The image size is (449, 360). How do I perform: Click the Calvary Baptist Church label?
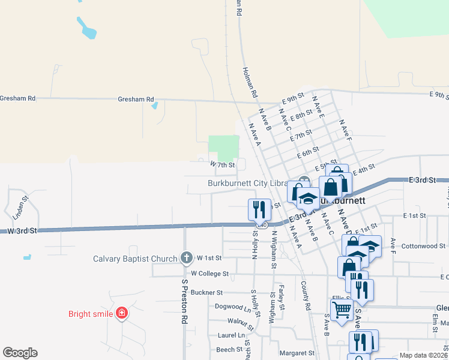coord(135,259)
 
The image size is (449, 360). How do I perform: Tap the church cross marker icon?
coord(186,258)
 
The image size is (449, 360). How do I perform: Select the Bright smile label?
coord(91,313)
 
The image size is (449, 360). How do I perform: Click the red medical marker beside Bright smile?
coord(122,313)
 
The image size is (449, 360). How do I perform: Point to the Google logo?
coord(20,353)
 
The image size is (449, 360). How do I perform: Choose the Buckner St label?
coord(206,293)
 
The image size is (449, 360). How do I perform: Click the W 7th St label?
coord(221,164)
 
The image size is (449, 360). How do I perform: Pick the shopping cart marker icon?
coord(342,310)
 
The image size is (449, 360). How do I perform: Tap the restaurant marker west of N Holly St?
coord(259,209)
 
